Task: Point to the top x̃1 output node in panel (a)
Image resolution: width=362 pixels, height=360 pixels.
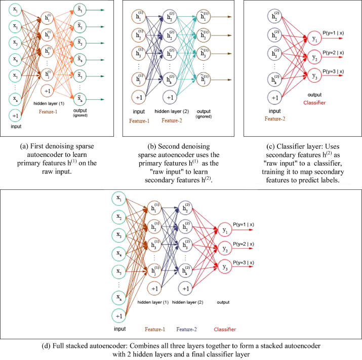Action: pyautogui.click(x=80, y=10)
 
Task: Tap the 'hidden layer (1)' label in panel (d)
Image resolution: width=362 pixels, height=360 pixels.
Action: pyautogui.click(x=153, y=302)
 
